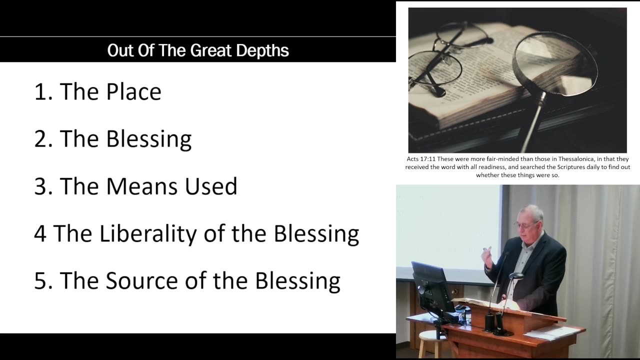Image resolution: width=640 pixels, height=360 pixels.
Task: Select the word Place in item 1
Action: click(x=133, y=91)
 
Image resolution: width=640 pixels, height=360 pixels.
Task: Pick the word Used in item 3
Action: click(x=211, y=186)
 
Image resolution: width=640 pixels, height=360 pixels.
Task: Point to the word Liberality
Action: click(x=148, y=233)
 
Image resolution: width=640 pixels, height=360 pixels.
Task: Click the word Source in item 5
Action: click(x=142, y=280)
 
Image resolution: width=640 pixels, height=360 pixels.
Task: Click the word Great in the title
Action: click(x=210, y=50)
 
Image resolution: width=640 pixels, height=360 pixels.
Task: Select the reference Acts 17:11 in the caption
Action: click(x=421, y=159)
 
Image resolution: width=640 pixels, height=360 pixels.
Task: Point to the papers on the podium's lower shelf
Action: click(x=551, y=333)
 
